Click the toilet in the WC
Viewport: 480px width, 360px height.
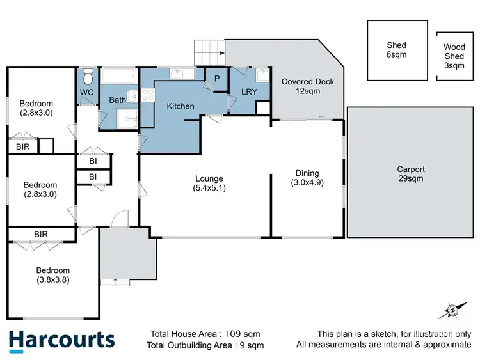88,78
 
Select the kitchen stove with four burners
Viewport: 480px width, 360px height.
147,96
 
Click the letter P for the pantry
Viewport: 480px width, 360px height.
217,79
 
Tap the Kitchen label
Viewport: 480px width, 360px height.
180,106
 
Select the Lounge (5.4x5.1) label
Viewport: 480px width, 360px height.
209,183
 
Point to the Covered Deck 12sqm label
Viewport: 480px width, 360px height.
308,86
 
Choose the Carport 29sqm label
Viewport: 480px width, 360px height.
410,174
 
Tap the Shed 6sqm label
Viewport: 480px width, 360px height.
396,50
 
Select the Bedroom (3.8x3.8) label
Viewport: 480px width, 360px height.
52,274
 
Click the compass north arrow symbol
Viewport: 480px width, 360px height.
452,310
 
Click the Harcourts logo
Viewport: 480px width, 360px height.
61,340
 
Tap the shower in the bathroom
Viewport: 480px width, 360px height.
126,118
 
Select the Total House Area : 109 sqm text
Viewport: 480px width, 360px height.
205,334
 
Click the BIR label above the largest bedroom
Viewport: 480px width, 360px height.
40,235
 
